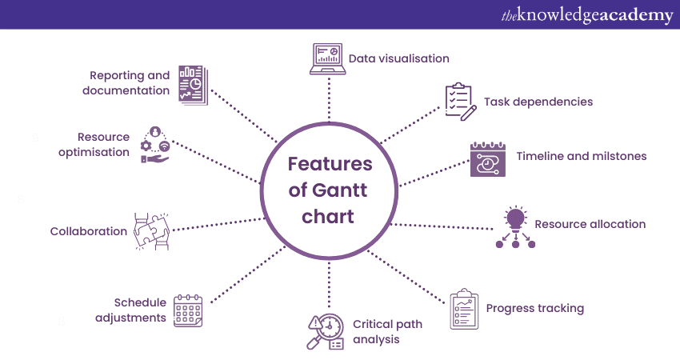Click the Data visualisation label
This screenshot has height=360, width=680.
[x=398, y=58]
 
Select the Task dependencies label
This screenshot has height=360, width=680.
[x=538, y=102]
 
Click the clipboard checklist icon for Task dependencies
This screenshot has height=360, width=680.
[x=461, y=102]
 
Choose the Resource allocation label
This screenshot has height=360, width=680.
[x=590, y=224]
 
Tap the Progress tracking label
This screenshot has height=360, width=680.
[x=534, y=308]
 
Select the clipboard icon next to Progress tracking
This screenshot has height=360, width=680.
[x=464, y=310]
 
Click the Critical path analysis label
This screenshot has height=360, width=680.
[x=387, y=331]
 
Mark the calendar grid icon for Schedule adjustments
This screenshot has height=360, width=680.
[x=189, y=310]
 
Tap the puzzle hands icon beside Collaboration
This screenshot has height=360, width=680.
[x=152, y=231]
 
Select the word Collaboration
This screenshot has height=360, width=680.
[x=88, y=231]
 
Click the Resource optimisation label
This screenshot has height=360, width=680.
[x=94, y=145]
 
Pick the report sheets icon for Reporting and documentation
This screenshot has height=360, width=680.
[x=192, y=83]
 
